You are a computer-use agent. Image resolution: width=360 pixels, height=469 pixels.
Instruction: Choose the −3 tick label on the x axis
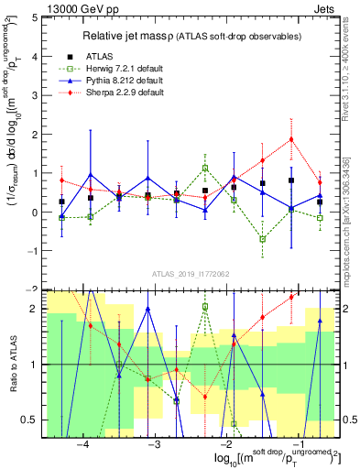click(x=154, y=442)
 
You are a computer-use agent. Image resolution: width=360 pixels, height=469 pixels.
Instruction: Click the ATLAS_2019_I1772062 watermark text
click(x=190, y=273)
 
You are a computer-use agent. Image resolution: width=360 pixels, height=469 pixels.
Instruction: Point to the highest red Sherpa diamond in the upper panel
click(x=291, y=139)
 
